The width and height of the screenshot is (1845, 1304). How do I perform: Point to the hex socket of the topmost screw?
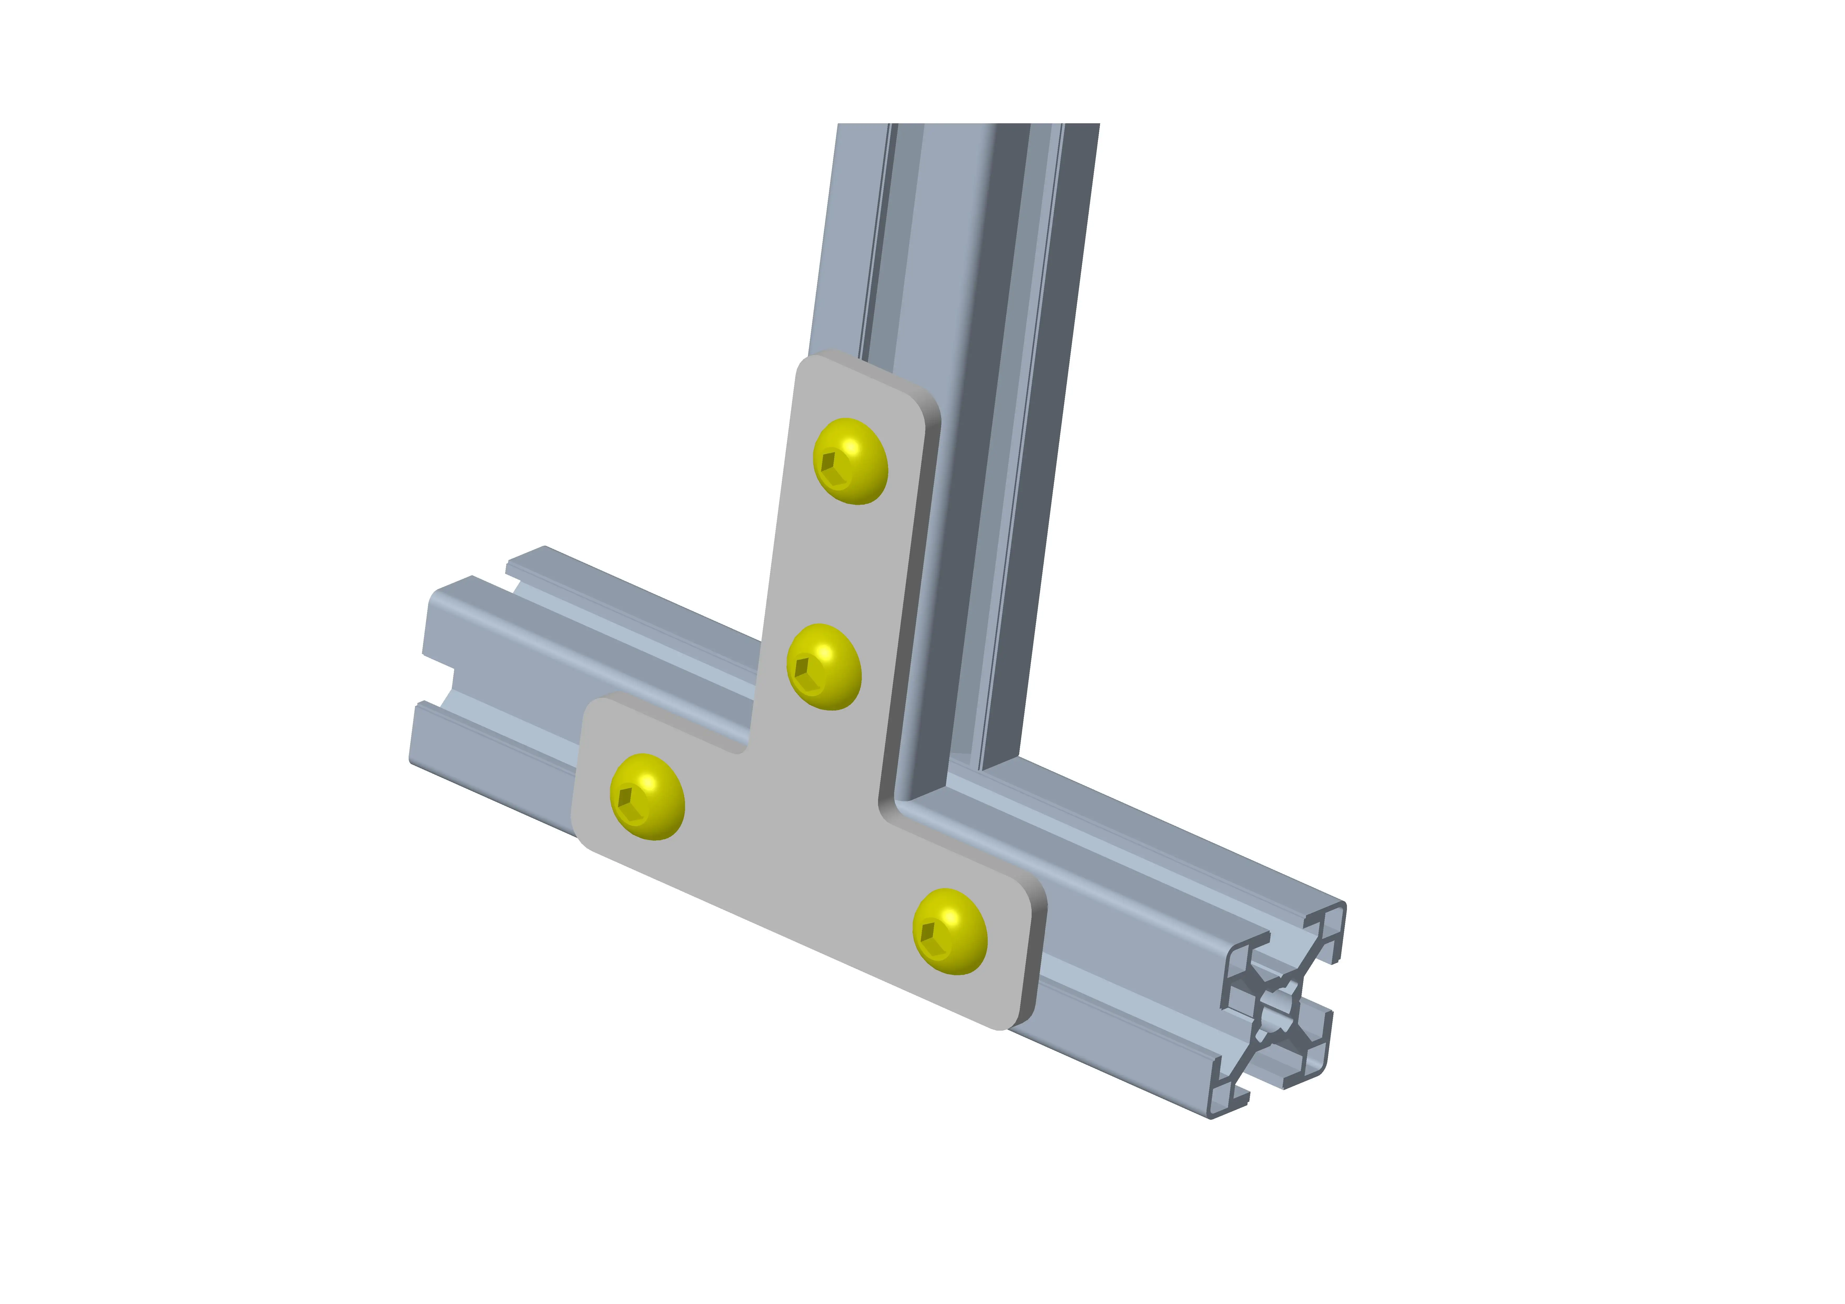click(x=833, y=468)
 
